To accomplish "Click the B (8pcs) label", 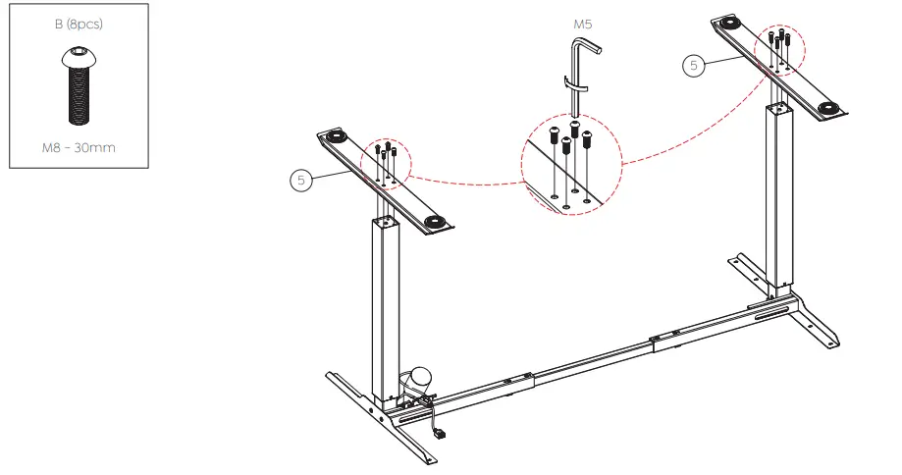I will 78,25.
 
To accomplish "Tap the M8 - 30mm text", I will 78,148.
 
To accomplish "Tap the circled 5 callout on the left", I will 302,181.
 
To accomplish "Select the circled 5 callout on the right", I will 694,66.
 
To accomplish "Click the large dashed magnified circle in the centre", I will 571,165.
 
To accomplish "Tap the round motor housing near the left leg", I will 421,376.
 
